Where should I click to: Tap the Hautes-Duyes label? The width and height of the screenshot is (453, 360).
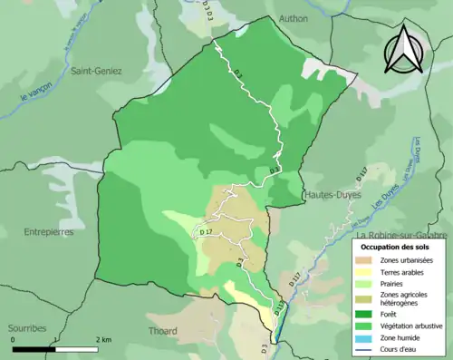point(335,194)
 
